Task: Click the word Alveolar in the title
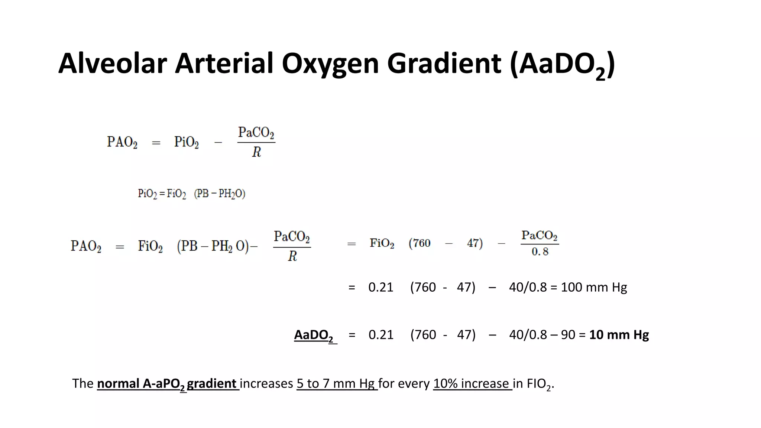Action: [x=112, y=64]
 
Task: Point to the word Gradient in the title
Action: [x=444, y=64]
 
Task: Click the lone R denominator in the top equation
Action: [x=256, y=152]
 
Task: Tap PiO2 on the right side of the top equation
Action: [x=186, y=142]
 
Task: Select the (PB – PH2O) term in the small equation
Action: [x=220, y=194]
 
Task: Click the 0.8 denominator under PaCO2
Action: [x=540, y=252]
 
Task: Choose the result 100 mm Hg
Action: [x=593, y=287]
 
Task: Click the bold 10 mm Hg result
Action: [x=619, y=335]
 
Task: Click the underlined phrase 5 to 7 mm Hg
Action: [x=336, y=383]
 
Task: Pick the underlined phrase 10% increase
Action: [x=472, y=383]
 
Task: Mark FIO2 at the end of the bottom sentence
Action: [x=538, y=384]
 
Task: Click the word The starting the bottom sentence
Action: [x=82, y=383]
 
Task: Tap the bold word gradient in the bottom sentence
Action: [x=212, y=383]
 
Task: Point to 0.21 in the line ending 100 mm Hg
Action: [x=380, y=287]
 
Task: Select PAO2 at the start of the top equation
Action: [x=122, y=142]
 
